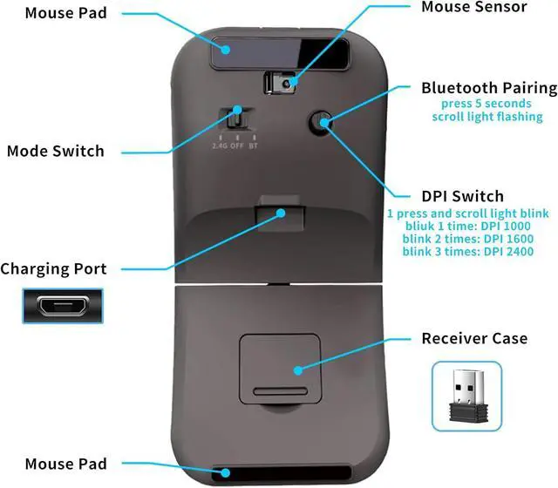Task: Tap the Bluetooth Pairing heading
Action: [x=488, y=87]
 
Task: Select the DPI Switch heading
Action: [x=462, y=196]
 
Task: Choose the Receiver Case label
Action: [x=473, y=337]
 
